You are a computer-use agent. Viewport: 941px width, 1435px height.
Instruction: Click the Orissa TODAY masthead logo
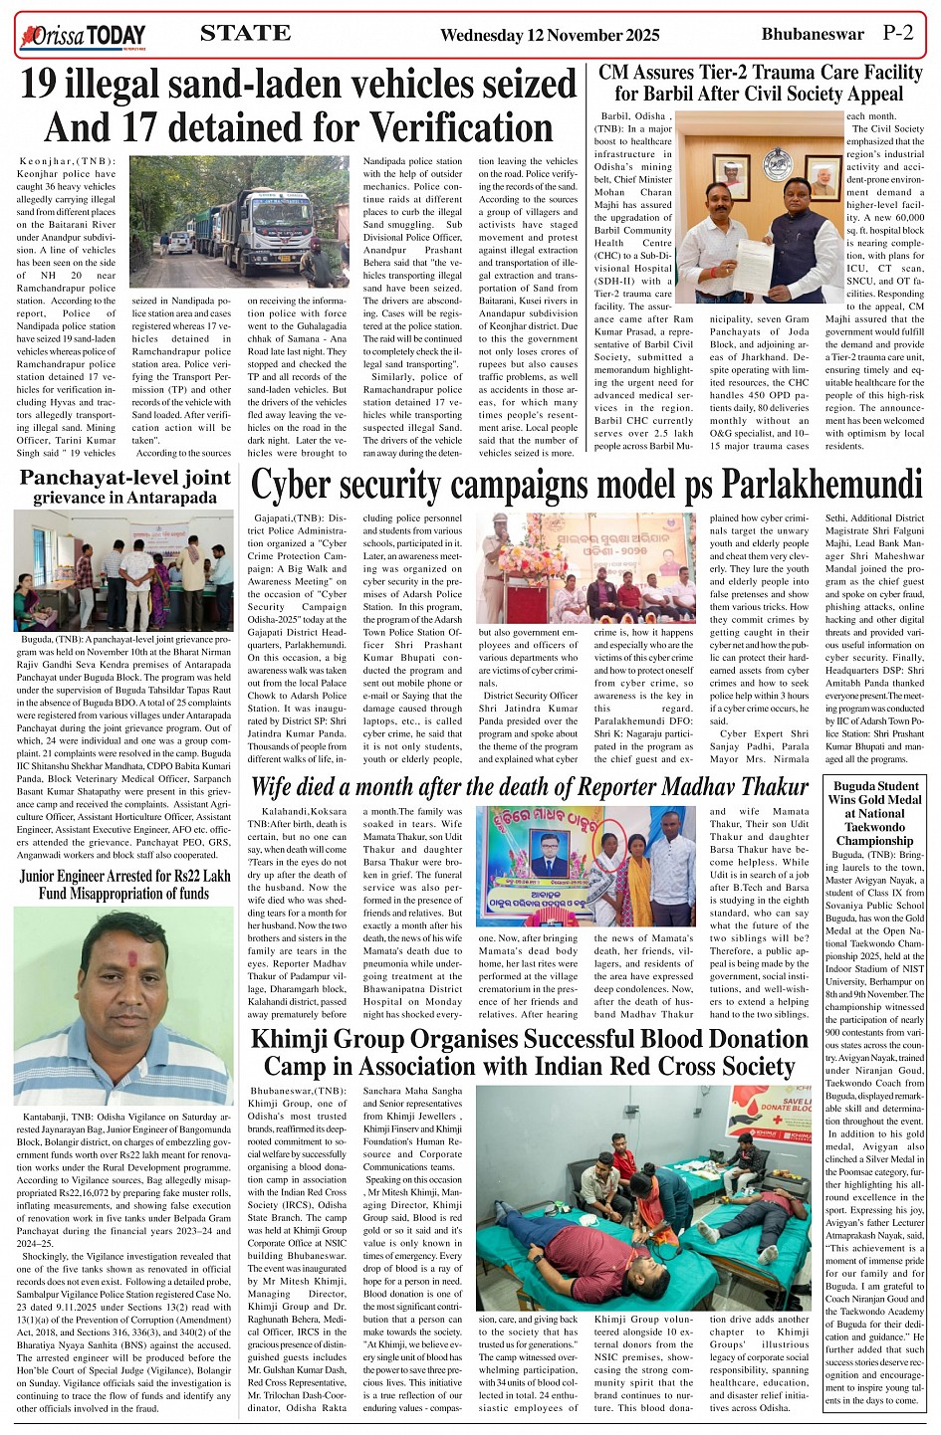point(82,37)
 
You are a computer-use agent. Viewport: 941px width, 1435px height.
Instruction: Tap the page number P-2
point(897,33)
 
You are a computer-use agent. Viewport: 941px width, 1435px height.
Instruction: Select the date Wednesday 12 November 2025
point(549,35)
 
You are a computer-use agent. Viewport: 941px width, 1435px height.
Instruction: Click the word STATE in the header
point(246,33)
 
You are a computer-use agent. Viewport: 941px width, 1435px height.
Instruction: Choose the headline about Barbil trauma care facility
point(760,84)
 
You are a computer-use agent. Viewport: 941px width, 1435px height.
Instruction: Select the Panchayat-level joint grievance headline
point(125,487)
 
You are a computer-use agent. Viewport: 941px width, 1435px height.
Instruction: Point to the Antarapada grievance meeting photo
point(123,570)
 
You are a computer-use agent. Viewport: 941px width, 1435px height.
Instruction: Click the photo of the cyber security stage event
point(587,568)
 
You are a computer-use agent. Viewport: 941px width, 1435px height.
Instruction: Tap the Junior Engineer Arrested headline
point(124,885)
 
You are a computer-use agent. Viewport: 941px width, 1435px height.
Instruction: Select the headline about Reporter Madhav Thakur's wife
point(529,787)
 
